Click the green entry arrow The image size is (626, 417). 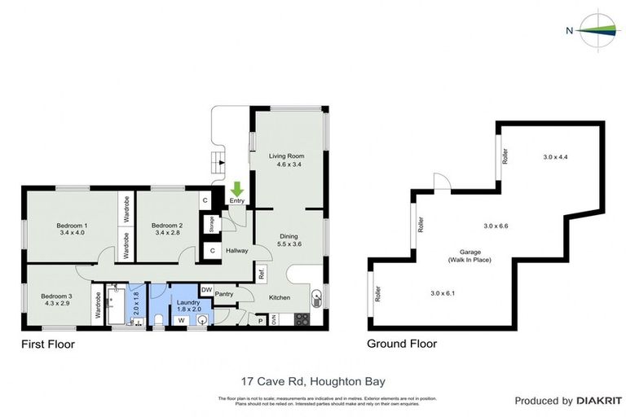[237, 190]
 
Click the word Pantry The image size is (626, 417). [225, 294]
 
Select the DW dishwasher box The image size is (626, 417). [206, 289]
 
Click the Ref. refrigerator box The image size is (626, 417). [262, 274]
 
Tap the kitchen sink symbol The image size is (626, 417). [316, 297]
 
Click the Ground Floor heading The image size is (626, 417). [402, 344]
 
